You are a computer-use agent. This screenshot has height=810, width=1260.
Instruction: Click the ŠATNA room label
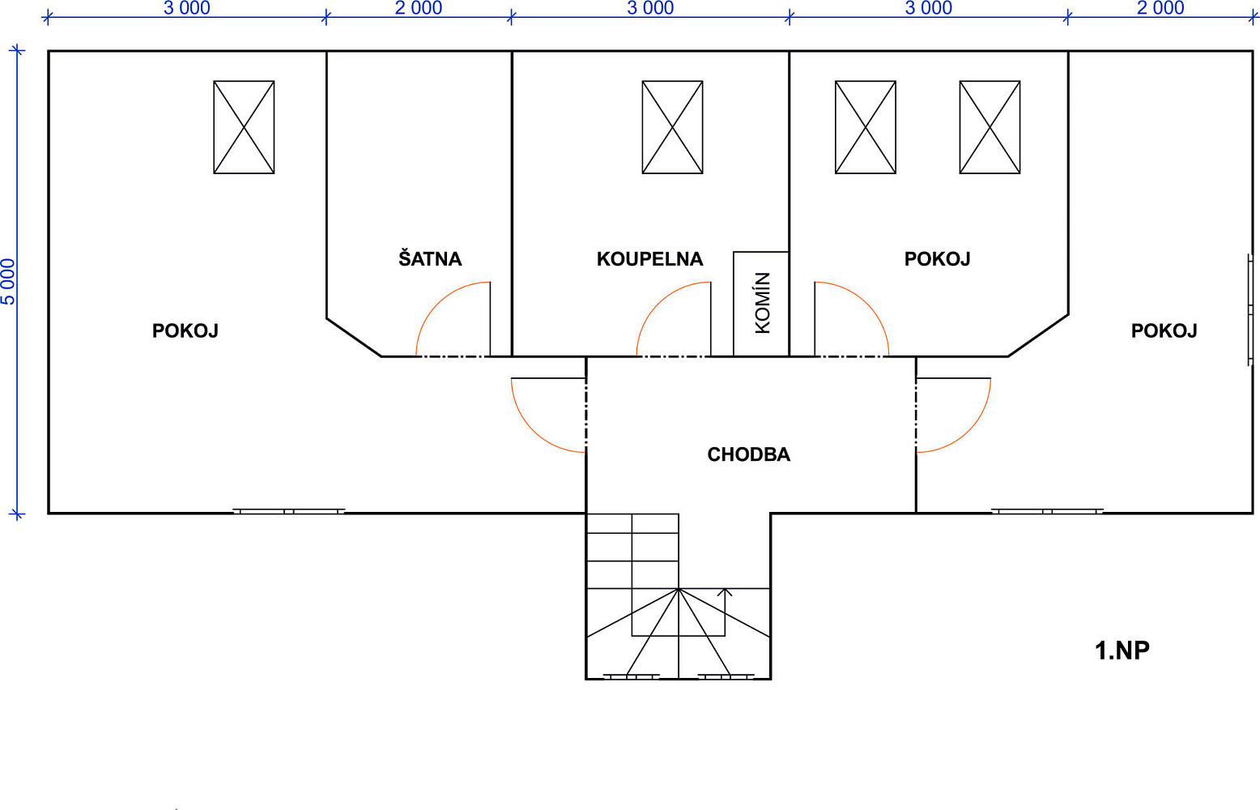coord(430,258)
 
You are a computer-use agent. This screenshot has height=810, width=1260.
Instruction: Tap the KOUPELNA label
coord(649,258)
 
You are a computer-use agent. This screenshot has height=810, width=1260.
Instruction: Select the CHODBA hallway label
coord(749,454)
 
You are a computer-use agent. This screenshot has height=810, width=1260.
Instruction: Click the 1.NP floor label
coord(1122,650)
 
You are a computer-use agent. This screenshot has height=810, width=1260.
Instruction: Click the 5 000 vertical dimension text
coord(8,282)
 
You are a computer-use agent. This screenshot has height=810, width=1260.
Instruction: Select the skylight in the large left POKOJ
coord(244,127)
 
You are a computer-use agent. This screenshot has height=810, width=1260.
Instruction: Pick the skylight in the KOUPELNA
coord(672,127)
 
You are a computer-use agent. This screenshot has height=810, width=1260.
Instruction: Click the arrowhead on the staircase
coord(725,592)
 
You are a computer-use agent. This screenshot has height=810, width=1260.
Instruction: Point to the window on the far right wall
coord(1249,310)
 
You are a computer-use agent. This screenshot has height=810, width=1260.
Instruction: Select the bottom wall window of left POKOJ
coord(288,511)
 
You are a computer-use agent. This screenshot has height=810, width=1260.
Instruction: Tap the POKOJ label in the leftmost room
coord(185,330)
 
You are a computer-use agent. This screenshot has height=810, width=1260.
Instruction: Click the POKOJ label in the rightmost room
coord(1164,330)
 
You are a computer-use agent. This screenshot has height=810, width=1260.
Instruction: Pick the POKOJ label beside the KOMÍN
coord(937,258)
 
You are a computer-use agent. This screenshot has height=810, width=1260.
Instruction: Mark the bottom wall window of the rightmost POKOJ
coord(1047,511)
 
